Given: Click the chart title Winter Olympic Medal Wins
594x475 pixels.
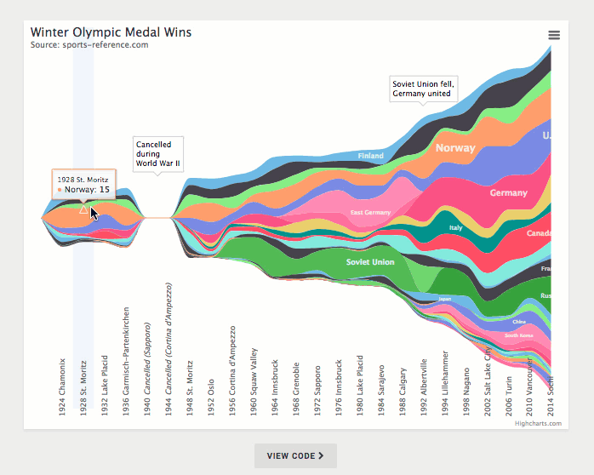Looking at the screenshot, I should [111, 32].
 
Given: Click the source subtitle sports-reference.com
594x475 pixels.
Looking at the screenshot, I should [89, 45].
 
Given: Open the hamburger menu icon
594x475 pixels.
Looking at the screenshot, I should [554, 35].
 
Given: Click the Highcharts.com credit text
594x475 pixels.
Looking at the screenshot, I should [538, 423].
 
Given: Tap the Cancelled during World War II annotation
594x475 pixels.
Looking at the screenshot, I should [157, 154].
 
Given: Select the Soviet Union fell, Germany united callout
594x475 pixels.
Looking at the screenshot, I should [424, 89].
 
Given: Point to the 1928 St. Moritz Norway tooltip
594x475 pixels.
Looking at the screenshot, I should [83, 185].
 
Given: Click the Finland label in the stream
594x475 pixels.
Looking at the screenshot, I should [370, 157].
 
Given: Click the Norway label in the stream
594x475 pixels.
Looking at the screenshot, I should [455, 148].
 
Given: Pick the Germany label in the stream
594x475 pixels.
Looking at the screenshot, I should [509, 193].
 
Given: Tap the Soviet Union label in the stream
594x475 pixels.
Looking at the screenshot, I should [370, 262].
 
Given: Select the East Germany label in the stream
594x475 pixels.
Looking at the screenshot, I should [370, 212].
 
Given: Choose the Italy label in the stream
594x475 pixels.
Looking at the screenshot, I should [456, 228].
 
